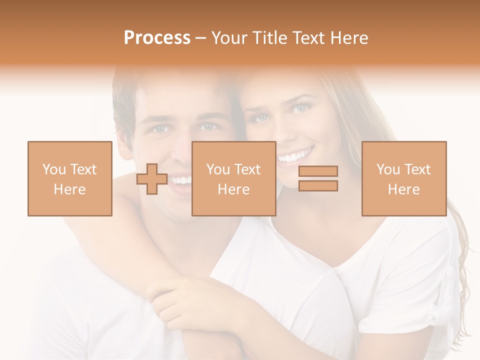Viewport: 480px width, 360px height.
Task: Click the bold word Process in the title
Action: [157, 38]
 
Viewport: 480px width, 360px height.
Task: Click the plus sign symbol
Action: [152, 178]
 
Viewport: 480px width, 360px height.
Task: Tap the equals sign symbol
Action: [318, 178]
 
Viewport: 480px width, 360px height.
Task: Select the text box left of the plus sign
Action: [69, 178]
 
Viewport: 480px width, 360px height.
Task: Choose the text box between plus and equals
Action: [233, 178]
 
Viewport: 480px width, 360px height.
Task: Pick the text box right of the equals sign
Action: [403, 178]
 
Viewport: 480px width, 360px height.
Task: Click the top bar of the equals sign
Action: [318, 171]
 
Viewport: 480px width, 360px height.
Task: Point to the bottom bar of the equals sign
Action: [318, 186]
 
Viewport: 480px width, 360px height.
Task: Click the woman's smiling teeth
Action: [295, 156]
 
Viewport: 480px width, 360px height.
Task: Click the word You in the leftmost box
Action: [53, 169]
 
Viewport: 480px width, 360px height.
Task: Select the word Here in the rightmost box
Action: [403, 189]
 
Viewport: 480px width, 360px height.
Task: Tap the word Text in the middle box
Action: [247, 169]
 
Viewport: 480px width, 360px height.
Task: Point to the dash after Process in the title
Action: [201, 38]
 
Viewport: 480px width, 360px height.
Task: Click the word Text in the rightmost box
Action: [417, 169]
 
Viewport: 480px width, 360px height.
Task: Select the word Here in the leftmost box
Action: [69, 189]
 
